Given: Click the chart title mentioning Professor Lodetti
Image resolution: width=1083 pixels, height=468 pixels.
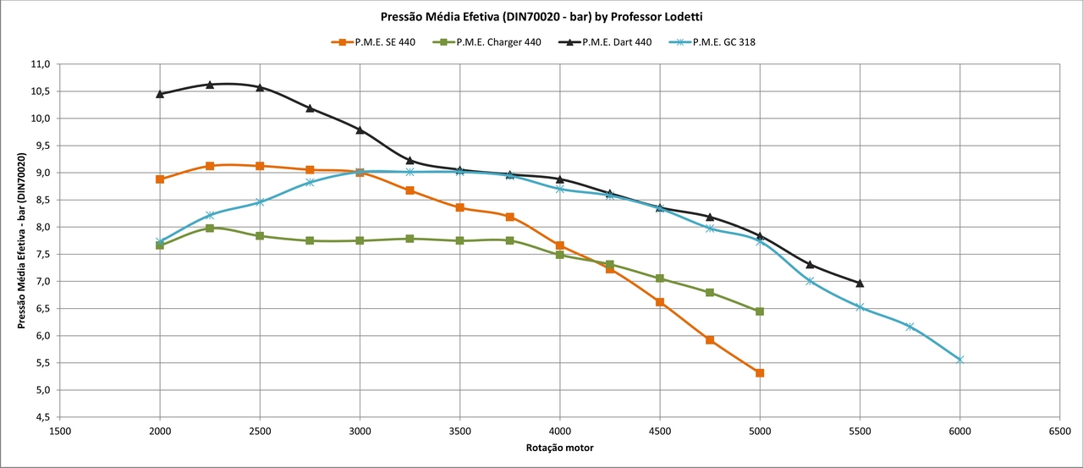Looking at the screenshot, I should tap(541, 15).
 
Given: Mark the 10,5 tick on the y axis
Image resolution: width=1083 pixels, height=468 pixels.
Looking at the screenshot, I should tap(41, 91).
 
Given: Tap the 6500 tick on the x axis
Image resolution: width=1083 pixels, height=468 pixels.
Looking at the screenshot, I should tap(1059, 430).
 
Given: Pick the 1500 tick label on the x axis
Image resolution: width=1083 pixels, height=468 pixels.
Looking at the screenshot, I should tap(60, 430).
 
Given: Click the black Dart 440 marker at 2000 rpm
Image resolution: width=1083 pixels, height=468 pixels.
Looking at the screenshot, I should tap(160, 94).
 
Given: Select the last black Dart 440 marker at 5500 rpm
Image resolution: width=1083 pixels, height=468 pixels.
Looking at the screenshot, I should tap(860, 284).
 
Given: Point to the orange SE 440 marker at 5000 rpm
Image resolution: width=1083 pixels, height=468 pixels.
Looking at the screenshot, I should tap(760, 373).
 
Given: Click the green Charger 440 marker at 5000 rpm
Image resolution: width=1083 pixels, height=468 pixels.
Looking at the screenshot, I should tap(760, 311).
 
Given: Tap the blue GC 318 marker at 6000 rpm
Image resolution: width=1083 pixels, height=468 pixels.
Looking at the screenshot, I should tap(959, 360).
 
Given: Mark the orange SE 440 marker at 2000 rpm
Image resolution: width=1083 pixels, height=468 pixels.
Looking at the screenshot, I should tap(160, 179).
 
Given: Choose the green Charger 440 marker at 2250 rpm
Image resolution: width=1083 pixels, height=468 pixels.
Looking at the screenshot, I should tap(210, 228).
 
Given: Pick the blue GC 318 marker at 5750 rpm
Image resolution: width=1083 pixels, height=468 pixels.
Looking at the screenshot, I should tap(910, 327).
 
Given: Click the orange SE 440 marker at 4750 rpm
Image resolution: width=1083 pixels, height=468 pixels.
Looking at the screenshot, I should tap(710, 340).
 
